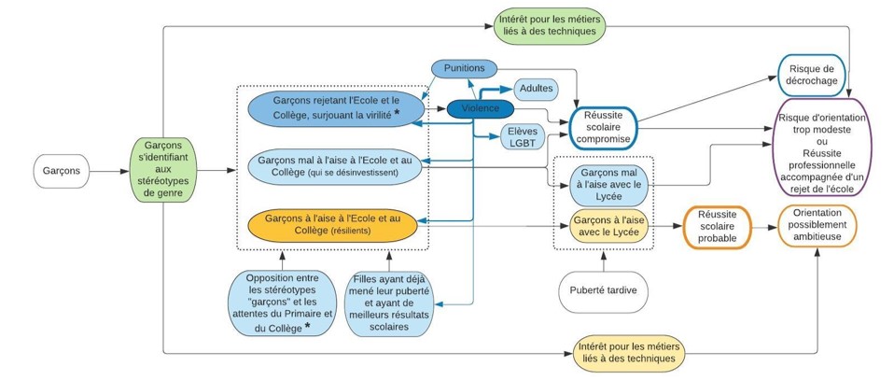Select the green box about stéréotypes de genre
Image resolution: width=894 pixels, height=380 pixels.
click(162, 170)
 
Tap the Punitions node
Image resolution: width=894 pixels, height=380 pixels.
click(464, 69)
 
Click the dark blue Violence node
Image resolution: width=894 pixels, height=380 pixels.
click(481, 108)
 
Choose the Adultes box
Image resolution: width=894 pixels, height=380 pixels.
click(536, 90)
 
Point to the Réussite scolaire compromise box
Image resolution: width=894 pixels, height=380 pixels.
click(603, 126)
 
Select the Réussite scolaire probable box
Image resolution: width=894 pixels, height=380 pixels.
click(718, 226)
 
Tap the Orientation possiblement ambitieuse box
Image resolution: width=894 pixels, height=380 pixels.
click(817, 226)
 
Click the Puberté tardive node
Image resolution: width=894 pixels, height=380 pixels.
click(602, 290)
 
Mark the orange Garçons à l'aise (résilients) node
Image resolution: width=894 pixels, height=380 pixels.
click(331, 224)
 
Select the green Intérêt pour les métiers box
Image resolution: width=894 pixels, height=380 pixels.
click(549, 22)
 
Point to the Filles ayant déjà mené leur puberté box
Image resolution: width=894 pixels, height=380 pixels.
click(391, 303)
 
